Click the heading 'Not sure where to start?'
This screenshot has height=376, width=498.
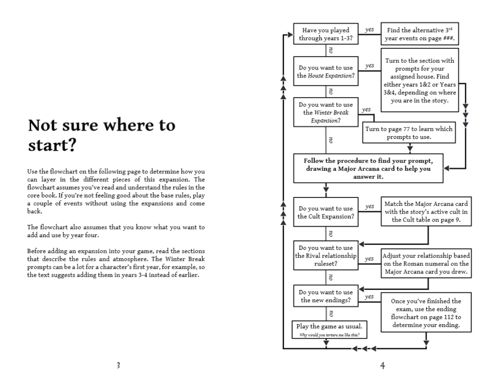coord(101,135)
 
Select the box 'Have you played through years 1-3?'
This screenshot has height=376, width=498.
coord(326,34)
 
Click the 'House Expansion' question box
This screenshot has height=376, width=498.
coord(326,72)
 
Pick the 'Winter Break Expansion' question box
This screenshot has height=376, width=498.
coord(326,112)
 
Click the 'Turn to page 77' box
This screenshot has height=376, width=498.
coord(409,133)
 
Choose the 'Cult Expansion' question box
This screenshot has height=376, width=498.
coord(326,212)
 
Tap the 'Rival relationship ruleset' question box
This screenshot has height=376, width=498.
coord(326,256)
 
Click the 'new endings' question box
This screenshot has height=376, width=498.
coord(326,296)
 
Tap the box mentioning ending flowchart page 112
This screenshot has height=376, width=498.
coord(426,314)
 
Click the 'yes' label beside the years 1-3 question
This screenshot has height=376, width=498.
coord(369,29)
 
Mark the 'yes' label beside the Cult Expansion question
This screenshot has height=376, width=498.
coord(369,206)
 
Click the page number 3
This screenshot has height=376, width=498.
coord(118,365)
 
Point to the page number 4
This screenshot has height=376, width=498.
coord(382,365)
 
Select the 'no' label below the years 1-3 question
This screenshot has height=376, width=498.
coord(330,51)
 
